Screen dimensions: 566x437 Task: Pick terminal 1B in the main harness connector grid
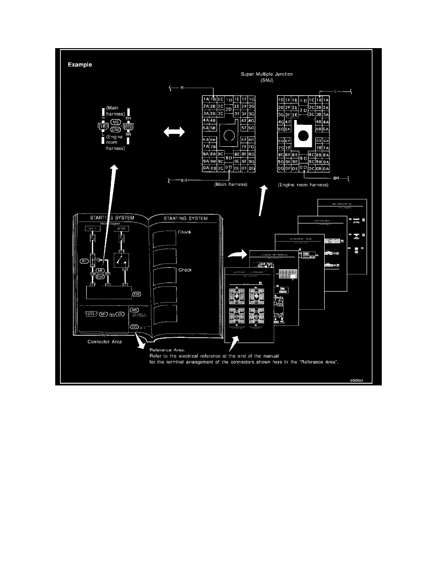(213, 99)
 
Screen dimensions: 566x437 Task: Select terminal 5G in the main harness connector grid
(252, 128)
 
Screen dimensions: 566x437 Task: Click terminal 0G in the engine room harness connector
(280, 168)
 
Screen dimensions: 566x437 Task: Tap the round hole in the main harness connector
(229, 136)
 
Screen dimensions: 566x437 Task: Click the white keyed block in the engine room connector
(303, 136)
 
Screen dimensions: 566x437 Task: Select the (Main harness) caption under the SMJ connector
(231, 184)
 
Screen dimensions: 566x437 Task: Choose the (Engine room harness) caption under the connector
(303, 184)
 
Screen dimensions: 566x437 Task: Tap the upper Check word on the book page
(185, 232)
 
